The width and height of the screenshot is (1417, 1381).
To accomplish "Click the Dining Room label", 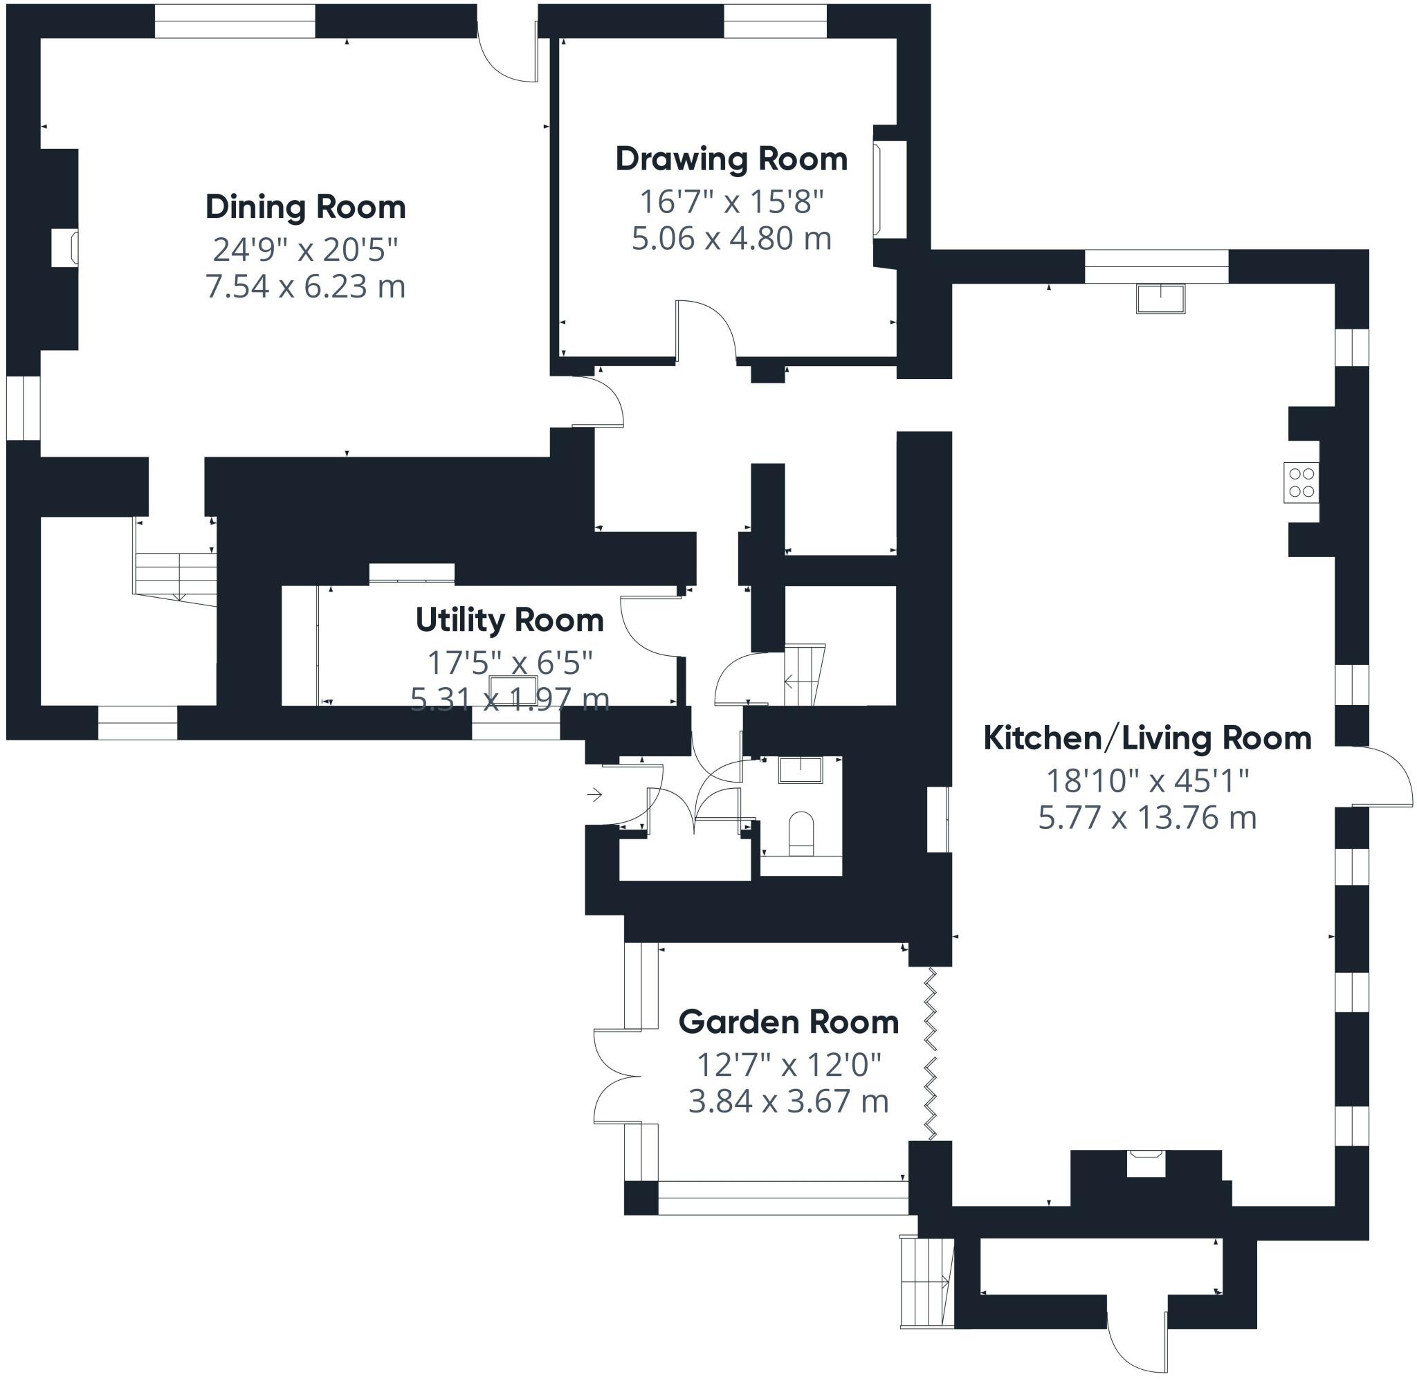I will (x=305, y=208).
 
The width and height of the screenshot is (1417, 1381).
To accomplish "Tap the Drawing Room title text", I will (x=731, y=160).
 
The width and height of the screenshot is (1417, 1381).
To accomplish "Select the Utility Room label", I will (x=509, y=620).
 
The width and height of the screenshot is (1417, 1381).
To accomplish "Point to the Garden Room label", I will (x=788, y=1022).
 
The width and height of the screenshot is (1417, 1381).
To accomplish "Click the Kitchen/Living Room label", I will (x=1146, y=738).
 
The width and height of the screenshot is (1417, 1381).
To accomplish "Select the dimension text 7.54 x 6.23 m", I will (x=305, y=286).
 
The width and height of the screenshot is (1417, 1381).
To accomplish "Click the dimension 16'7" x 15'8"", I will (x=731, y=201).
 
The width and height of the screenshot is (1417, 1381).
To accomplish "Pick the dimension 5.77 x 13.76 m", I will (x=1146, y=818).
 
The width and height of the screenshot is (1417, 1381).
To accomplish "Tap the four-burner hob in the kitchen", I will (x=1301, y=482).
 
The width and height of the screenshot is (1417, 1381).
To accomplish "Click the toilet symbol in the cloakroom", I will (x=801, y=834).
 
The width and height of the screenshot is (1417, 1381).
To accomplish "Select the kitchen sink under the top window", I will (x=1160, y=299).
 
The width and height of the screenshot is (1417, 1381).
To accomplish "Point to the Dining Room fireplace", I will (x=65, y=248).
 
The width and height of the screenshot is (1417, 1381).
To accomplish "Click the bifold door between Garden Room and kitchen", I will (x=931, y=1055).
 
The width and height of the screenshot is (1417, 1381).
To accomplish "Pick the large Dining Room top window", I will (x=235, y=21).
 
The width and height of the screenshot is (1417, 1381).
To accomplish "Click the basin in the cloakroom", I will (x=801, y=769).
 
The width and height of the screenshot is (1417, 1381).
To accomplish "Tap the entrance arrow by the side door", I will (x=594, y=795).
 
